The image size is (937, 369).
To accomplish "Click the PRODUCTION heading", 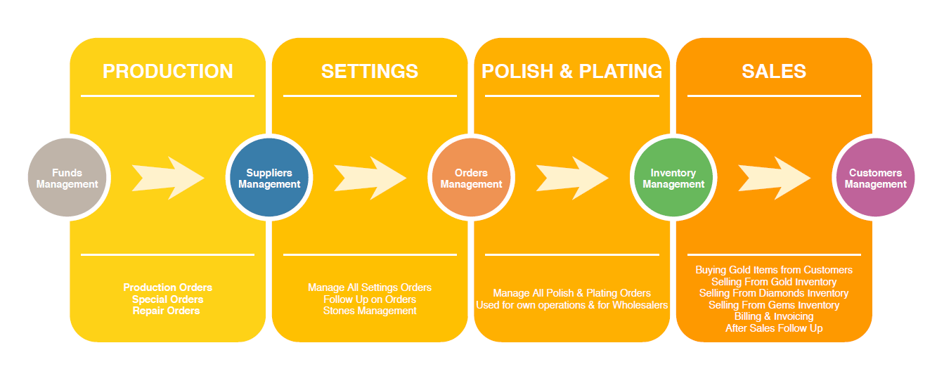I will (x=167, y=71).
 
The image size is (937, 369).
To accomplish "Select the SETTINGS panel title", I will (x=370, y=71).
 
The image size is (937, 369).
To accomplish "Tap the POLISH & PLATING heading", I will (x=571, y=71).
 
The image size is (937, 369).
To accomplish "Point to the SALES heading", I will (x=774, y=71).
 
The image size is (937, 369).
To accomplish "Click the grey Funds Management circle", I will (x=67, y=178).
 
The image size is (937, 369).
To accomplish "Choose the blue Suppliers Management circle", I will (x=269, y=178).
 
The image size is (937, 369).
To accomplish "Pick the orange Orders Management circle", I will (x=471, y=178).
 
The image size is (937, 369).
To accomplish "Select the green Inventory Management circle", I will (x=673, y=178).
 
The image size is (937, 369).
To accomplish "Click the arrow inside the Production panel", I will (x=168, y=178).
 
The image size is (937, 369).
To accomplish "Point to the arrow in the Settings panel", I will (x=370, y=178).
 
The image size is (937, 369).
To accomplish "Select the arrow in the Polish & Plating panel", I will (x=571, y=178).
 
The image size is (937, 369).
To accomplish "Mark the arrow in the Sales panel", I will (x=774, y=178).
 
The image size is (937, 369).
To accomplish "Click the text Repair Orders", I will (x=167, y=311).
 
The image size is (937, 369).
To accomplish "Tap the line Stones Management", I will (x=370, y=311).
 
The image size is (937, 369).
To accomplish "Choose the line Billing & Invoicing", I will (x=774, y=316).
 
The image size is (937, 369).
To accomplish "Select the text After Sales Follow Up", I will (x=774, y=328).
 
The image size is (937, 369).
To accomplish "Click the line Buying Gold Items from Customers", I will (x=774, y=270).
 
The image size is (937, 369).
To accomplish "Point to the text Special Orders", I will (x=167, y=299).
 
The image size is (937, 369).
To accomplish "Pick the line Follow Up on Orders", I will (x=370, y=299).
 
